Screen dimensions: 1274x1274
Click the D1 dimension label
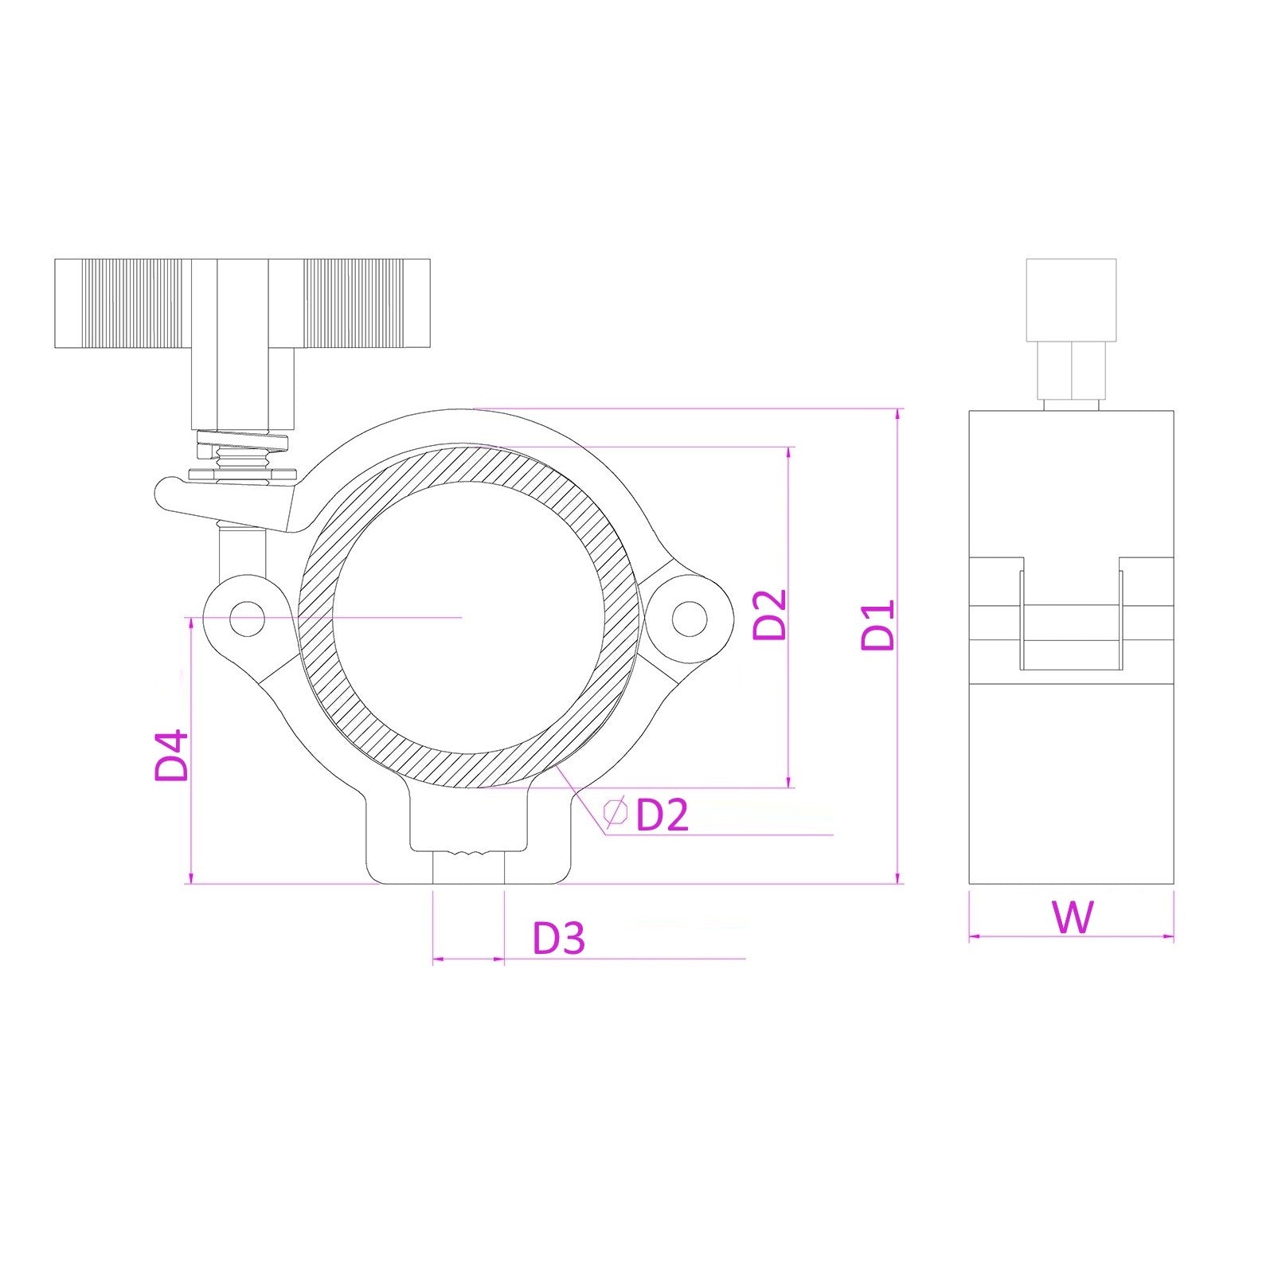point(879,626)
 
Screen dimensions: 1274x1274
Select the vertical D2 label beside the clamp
point(770,615)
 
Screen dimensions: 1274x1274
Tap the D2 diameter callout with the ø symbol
point(661,814)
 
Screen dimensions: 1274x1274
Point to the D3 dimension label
point(559,938)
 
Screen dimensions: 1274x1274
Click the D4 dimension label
point(172,755)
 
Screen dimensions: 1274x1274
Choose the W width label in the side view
point(1073,917)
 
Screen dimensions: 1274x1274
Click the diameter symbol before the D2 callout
point(615,812)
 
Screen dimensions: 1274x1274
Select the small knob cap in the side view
point(1071,299)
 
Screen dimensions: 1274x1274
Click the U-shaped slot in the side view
point(1071,625)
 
